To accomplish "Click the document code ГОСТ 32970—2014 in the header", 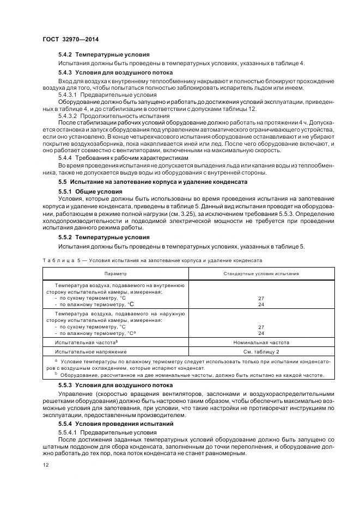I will click(x=67, y=39).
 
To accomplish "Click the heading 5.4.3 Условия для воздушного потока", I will click(x=115, y=72).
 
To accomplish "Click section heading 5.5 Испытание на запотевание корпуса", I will click(x=153, y=182).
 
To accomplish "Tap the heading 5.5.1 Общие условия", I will click(x=90, y=191).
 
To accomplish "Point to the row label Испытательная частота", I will click(x=87, y=343).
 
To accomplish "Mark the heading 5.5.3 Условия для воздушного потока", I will click(x=115, y=385).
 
